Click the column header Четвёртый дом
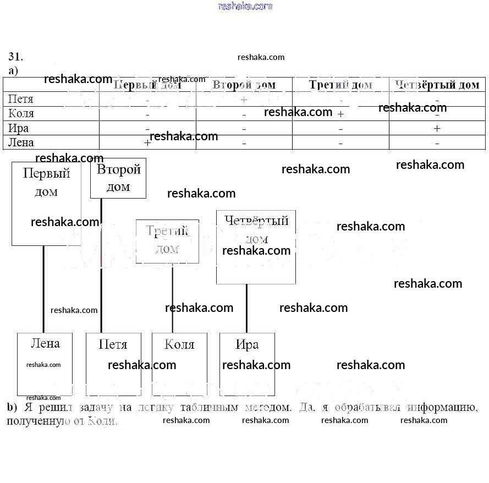437,85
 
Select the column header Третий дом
340,85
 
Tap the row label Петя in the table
21,99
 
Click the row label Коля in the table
21,113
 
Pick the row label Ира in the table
19,128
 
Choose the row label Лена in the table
21,142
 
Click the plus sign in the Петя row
244,100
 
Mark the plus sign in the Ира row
437,128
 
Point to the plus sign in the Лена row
147,142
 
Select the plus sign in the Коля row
340,114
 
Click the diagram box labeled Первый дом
46,204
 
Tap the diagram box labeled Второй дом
118,178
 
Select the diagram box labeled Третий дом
167,241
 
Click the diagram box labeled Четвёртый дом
256,247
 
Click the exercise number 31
15,57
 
